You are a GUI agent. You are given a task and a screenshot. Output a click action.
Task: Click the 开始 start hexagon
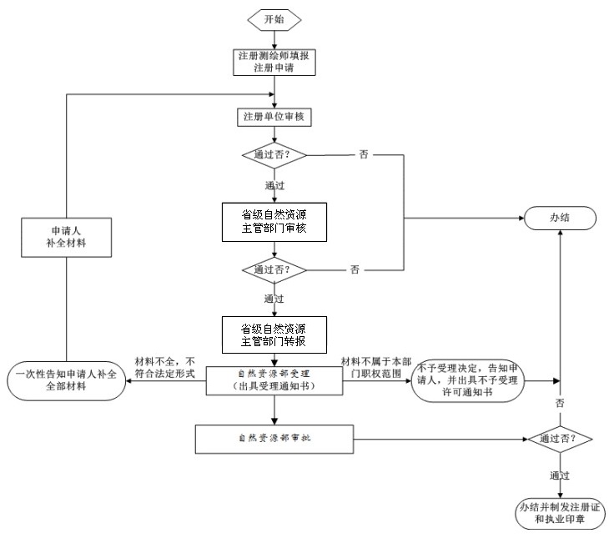tap(273, 19)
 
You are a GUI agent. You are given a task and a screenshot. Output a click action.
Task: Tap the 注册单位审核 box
tap(274, 118)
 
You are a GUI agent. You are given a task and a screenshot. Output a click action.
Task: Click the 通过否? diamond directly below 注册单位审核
tap(274, 155)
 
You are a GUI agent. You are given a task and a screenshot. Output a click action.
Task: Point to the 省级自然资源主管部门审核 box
tap(274, 221)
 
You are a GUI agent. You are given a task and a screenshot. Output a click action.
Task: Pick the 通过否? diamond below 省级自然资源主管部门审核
tap(274, 270)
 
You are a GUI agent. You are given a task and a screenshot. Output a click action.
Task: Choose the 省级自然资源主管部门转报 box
tap(274, 334)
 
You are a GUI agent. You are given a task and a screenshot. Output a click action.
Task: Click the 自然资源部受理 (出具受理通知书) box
tap(274, 381)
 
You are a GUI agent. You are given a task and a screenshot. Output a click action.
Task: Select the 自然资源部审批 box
tap(274, 436)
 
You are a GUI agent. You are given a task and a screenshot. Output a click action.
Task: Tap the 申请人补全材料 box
tap(67, 236)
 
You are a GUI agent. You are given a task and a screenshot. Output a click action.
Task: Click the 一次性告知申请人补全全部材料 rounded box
tap(67, 381)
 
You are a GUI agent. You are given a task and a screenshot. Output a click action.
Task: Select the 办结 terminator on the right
tap(560, 219)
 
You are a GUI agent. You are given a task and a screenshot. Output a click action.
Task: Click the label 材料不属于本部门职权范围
tap(375, 367)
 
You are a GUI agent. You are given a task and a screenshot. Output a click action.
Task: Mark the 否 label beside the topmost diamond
tap(364, 154)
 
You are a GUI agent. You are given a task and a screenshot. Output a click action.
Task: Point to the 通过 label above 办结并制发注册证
tap(559, 475)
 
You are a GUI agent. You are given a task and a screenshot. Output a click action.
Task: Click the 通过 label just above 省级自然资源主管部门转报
tap(274, 298)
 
